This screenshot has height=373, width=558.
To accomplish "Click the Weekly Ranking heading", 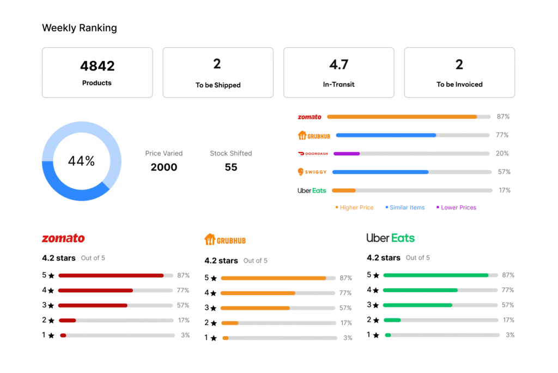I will click(x=80, y=28).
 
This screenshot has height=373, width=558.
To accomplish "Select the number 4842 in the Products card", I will click(x=97, y=66).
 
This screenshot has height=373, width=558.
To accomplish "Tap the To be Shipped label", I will click(x=218, y=85).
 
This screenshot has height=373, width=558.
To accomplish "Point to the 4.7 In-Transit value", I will click(x=338, y=65).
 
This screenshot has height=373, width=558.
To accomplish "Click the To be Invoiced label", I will click(x=459, y=85).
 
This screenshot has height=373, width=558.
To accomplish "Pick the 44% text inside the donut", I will click(x=81, y=161).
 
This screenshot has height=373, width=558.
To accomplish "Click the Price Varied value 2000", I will click(x=163, y=167).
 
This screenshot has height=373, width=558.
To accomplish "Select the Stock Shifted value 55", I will click(x=231, y=167).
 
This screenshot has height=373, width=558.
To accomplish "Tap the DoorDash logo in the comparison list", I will click(x=313, y=154).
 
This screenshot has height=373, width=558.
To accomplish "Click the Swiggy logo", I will click(x=312, y=172).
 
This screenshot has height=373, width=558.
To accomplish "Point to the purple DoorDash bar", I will click(x=347, y=154).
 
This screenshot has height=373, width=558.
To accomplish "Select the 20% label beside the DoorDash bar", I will click(x=502, y=154).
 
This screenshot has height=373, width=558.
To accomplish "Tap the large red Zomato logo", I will click(x=63, y=238).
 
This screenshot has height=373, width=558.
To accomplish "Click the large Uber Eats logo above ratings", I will click(x=390, y=238).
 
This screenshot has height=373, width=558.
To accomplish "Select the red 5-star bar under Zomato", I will click(x=111, y=275).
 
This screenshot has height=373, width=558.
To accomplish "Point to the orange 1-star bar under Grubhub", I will click(x=226, y=338).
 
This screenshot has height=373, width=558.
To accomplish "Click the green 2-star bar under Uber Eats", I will click(x=392, y=320).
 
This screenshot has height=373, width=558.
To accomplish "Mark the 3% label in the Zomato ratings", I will click(x=185, y=335).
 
